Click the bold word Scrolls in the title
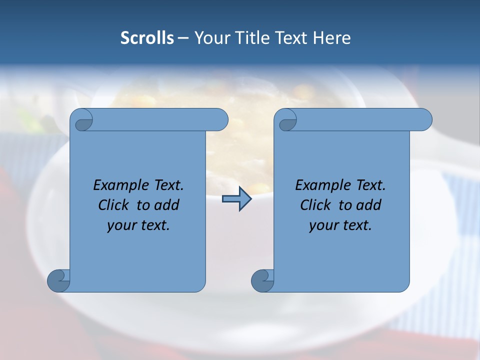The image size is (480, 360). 147,38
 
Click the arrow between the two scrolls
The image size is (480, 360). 236,199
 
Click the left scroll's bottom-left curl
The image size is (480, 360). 59,280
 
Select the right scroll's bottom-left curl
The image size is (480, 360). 262,280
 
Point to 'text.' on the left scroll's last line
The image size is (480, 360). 154,225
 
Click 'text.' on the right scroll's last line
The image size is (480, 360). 356,225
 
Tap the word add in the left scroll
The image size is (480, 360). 167,205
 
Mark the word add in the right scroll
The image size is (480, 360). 369,205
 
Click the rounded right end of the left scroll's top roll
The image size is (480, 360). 220,120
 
